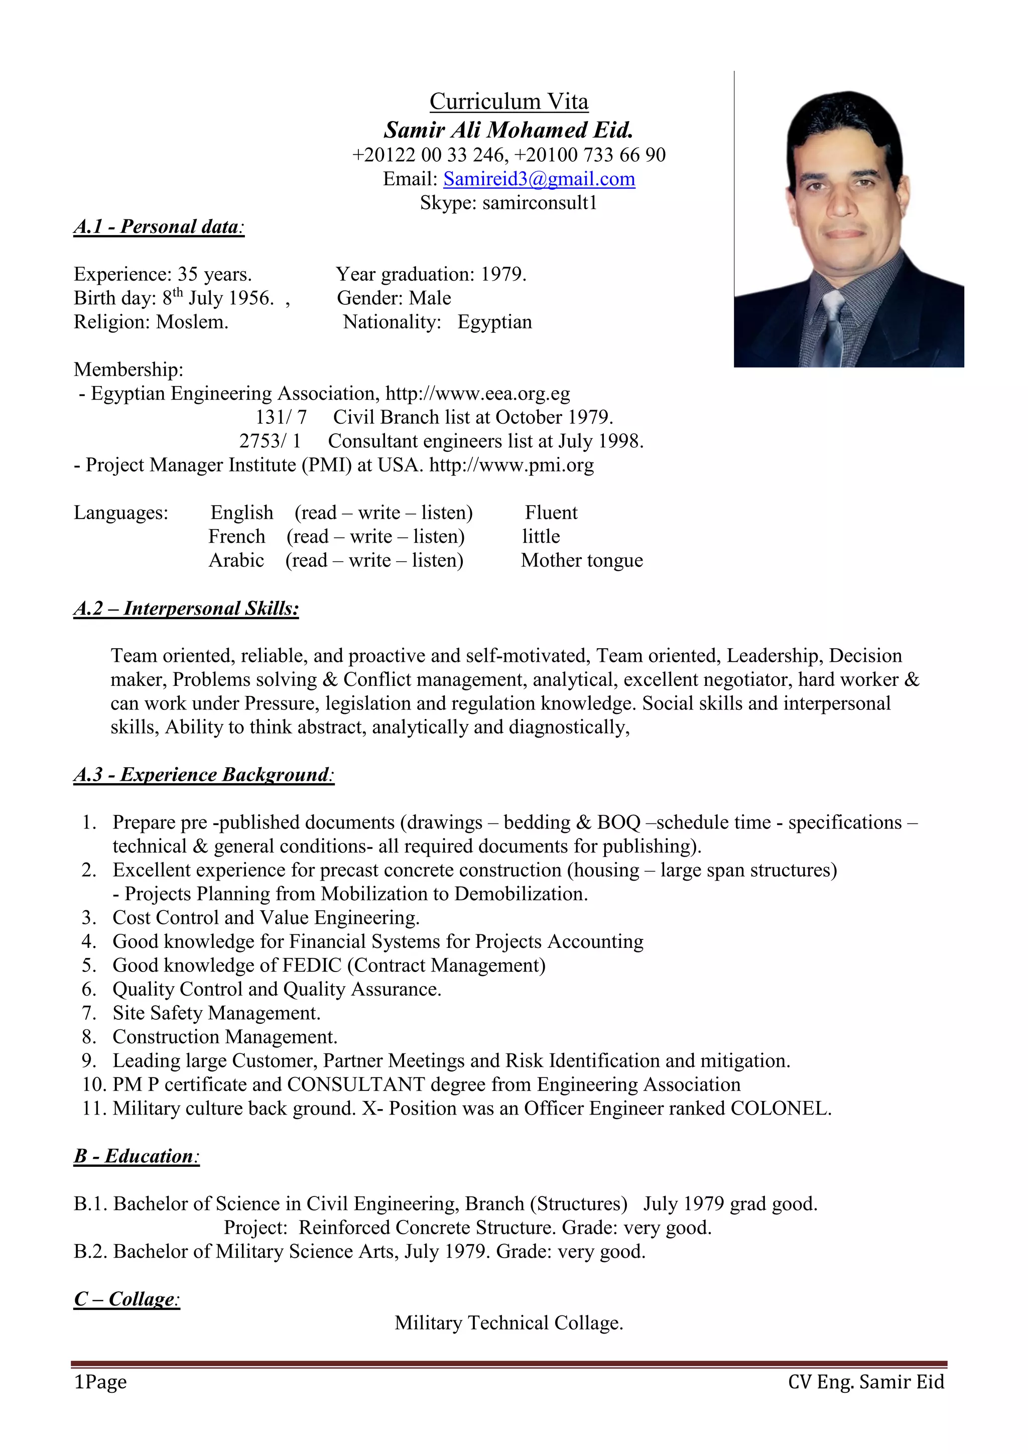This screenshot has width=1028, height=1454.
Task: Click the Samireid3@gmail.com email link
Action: (539, 179)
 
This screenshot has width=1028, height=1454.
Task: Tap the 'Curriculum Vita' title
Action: (509, 101)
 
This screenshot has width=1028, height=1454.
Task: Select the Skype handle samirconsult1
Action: (539, 203)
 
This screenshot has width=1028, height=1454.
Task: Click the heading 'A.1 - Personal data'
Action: (159, 227)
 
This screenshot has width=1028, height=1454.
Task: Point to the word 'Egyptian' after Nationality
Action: (494, 322)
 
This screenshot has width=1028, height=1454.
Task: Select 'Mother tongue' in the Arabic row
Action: (582, 560)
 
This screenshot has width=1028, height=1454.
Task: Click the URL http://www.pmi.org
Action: (511, 465)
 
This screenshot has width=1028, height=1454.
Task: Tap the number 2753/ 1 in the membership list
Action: (270, 441)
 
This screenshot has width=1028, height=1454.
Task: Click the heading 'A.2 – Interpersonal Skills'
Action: (186, 609)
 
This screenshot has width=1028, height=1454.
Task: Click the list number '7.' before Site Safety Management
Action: (89, 1013)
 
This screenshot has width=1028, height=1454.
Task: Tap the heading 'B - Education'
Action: (137, 1156)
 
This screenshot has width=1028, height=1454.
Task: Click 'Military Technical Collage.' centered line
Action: (509, 1323)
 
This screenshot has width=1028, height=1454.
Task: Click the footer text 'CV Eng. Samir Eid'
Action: (865, 1382)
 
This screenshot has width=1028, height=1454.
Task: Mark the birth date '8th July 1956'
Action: (218, 298)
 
